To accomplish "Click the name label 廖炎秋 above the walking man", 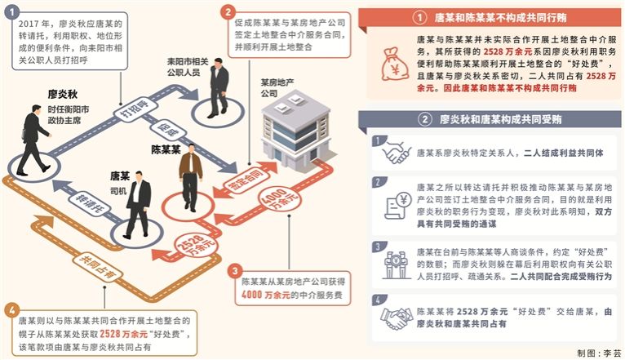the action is tap(63, 95).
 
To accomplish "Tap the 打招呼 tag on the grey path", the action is tap(135, 109).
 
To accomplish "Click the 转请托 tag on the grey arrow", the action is tap(90, 203).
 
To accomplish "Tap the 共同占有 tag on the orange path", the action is tap(98, 266).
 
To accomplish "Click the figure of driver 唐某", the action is tap(138, 204).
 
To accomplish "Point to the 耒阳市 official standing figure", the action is tap(218, 88).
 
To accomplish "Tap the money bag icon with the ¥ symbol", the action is tap(395, 64).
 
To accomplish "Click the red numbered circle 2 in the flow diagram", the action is tap(228, 12).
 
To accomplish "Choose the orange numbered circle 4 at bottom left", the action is tap(11, 310).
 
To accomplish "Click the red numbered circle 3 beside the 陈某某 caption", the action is tap(235, 271).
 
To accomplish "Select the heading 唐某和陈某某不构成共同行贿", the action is tap(500, 17).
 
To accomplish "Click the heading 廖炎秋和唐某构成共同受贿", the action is tap(500, 119).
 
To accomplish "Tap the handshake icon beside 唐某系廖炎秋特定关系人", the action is tap(396, 153).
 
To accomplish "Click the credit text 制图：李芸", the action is tap(599, 353).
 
